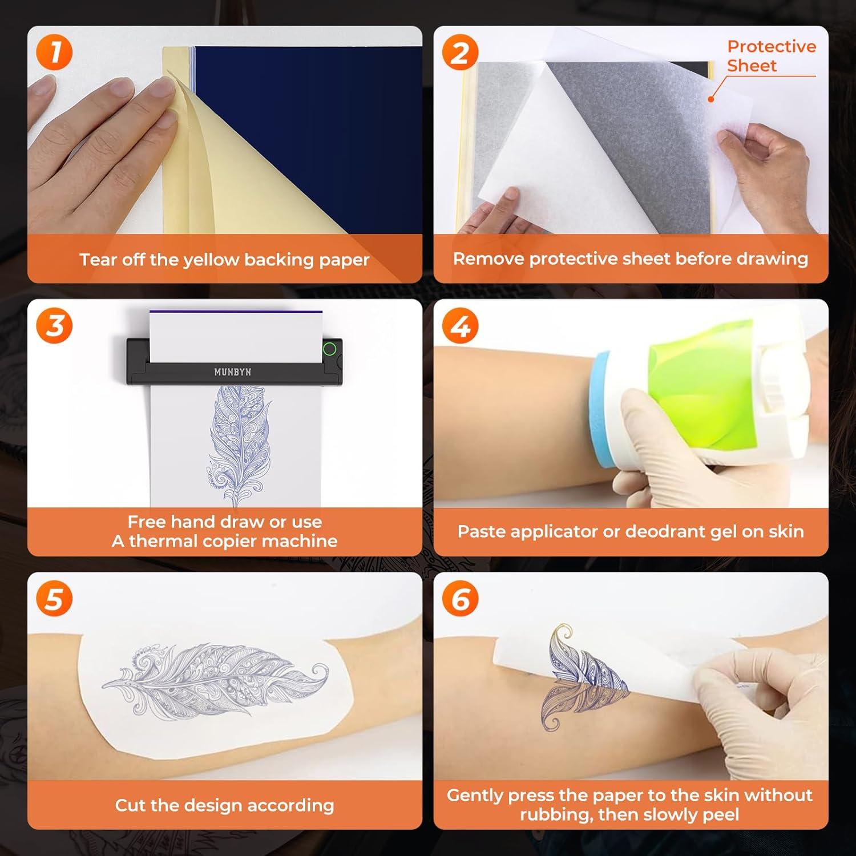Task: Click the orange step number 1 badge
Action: (x=54, y=53)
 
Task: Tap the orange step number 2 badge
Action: (x=461, y=53)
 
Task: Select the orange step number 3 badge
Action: (x=54, y=326)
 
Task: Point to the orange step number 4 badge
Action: (x=461, y=326)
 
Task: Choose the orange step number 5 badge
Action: (x=54, y=599)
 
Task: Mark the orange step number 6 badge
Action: (x=461, y=599)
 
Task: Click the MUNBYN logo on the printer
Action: (x=232, y=372)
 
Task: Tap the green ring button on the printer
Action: (x=329, y=349)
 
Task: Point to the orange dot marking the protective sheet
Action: (x=711, y=99)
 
